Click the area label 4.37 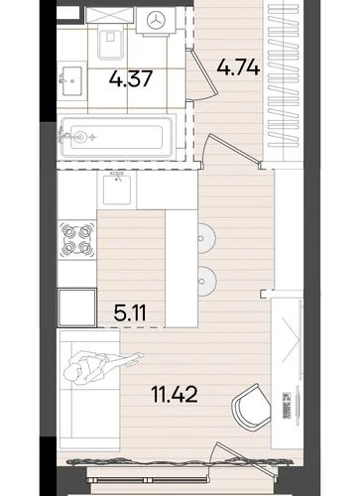[x=131, y=79]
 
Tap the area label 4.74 [x=238, y=67]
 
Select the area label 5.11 [x=130, y=312]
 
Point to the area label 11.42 [x=175, y=394]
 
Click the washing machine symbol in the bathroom [x=156, y=21]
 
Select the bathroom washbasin [x=70, y=81]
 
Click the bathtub [x=117, y=136]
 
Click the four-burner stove [x=77, y=239]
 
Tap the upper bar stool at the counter [x=207, y=238]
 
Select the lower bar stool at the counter [x=207, y=281]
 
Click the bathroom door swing [x=202, y=75]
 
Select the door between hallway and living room [x=230, y=149]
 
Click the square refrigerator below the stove [x=77, y=308]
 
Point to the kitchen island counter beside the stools [x=181, y=268]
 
